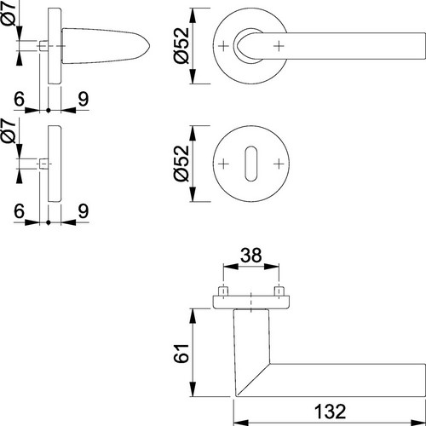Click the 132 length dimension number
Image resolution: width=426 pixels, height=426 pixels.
tap(331, 411)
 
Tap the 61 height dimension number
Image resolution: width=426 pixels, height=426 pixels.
tap(181, 353)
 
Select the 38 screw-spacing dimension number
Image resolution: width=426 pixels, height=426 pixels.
tap(251, 255)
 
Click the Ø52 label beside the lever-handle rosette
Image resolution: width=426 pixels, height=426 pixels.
tap(181, 45)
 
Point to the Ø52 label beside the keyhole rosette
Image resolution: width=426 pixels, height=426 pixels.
tap(181, 164)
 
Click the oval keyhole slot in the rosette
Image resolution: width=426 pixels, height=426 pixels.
tap(251, 164)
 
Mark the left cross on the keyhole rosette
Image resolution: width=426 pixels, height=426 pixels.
tap(223, 164)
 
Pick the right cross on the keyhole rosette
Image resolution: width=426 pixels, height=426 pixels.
tap(279, 164)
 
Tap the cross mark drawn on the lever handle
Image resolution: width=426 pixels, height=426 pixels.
tap(279, 46)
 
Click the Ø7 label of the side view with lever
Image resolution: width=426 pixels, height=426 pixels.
tap(9, 14)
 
